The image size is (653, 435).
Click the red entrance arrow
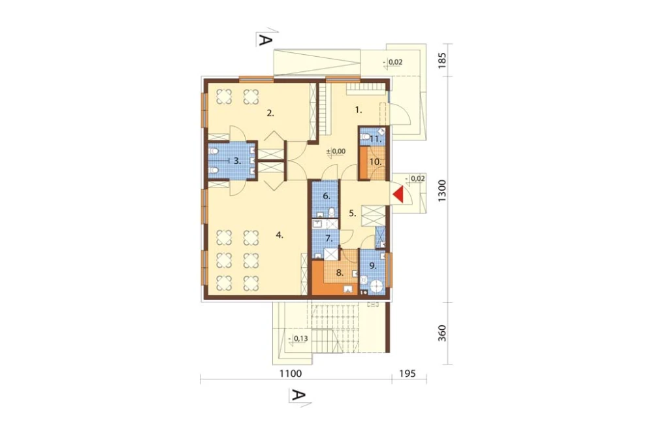click(x=398, y=195)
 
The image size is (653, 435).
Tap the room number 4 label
click(x=279, y=235)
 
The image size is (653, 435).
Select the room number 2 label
click(x=270, y=113)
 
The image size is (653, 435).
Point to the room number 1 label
click(x=358, y=110)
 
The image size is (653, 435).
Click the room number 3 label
click(x=237, y=161)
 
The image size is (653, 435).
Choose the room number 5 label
click(x=353, y=214)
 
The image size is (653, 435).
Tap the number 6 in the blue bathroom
click(x=326, y=196)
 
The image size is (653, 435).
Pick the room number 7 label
click(x=328, y=239)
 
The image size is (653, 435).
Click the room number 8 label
click(x=340, y=273)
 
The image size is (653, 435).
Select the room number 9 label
click(x=372, y=266)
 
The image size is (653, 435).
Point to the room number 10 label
click(x=375, y=162)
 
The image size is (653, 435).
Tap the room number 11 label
click(x=375, y=139)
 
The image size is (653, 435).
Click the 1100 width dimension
click(x=291, y=374)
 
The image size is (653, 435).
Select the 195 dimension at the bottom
click(x=407, y=374)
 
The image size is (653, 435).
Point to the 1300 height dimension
click(x=442, y=191)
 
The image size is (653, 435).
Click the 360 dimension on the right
click(x=442, y=333)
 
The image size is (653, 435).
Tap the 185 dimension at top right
click(x=442, y=60)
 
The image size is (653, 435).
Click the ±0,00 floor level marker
click(x=336, y=152)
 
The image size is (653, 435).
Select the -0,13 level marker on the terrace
click(x=298, y=338)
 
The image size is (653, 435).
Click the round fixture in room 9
click(x=377, y=287)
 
